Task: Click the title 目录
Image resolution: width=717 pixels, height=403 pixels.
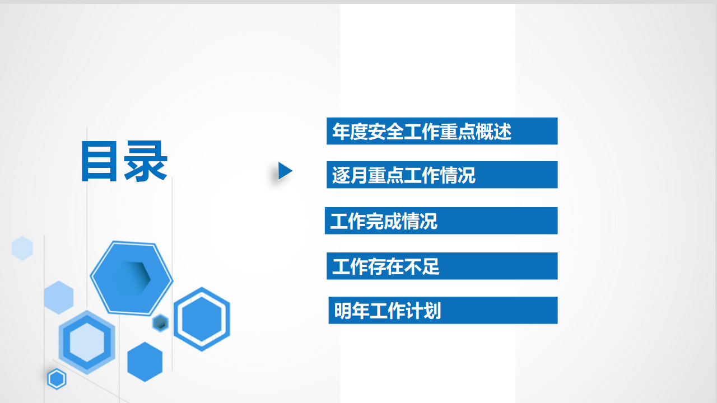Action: tap(124, 161)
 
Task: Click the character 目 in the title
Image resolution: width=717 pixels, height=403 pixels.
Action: tap(99, 161)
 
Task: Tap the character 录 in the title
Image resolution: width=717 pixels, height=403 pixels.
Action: tap(146, 161)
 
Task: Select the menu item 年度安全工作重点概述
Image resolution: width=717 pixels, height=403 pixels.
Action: tap(442, 131)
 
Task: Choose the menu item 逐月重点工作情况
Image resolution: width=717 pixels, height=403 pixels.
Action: tap(442, 175)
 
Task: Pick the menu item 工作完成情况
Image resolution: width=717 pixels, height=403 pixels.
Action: tap(441, 221)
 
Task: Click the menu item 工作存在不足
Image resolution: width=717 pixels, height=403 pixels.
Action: tap(442, 266)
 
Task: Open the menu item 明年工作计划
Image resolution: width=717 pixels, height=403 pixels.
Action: tap(443, 310)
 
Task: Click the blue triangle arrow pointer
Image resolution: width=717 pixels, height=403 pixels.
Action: tap(284, 171)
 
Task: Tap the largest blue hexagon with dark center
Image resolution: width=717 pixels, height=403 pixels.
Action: tap(132, 278)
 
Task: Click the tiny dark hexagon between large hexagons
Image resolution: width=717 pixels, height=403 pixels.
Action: tap(160, 323)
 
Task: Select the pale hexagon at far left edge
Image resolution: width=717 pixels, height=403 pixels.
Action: tap(22, 248)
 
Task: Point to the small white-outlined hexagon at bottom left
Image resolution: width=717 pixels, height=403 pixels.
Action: tap(57, 379)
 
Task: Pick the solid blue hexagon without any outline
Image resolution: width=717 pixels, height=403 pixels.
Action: tap(145, 362)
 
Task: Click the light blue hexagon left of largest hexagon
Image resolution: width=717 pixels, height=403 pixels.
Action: tap(59, 297)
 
